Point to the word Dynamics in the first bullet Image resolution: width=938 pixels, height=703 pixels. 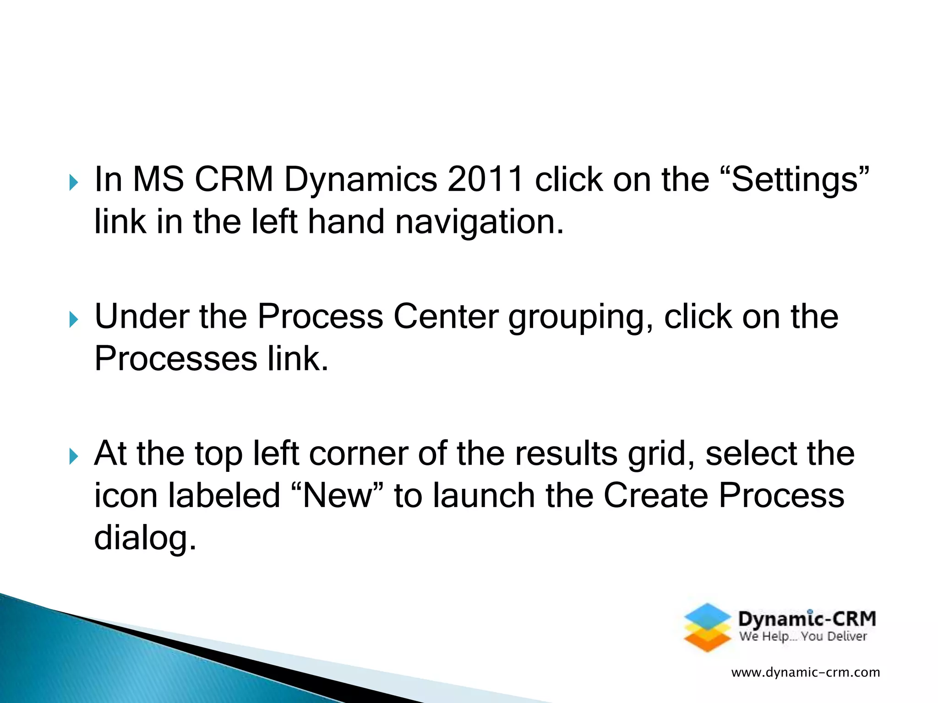click(x=360, y=180)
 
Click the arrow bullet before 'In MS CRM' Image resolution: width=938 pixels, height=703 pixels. click(x=73, y=183)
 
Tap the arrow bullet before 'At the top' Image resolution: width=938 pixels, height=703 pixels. click(x=73, y=456)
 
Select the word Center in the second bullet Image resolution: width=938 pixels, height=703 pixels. click(x=446, y=316)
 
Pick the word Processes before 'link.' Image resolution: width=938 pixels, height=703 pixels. click(x=176, y=359)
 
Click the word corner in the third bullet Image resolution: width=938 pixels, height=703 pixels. click(x=358, y=454)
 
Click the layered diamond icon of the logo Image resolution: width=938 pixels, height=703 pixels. click(x=707, y=627)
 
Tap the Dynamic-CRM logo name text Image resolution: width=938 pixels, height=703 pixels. click(x=807, y=619)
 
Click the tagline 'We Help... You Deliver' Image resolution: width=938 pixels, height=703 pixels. click(x=803, y=637)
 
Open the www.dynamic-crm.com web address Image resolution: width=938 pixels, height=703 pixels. click(x=806, y=672)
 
